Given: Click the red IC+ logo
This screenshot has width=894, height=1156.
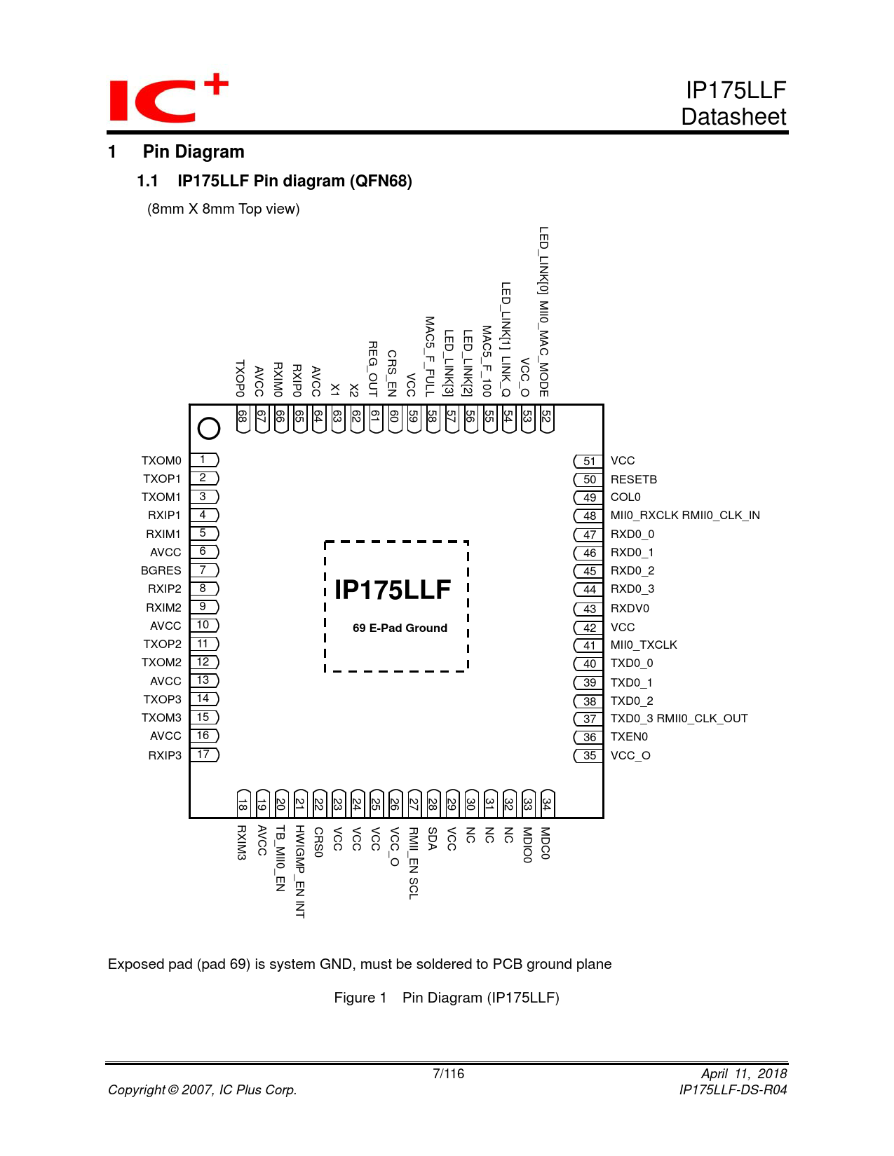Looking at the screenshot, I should click(168, 98).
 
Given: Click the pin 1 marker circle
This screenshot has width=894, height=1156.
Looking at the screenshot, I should click(209, 428).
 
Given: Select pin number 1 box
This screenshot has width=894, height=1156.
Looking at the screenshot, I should click(203, 460).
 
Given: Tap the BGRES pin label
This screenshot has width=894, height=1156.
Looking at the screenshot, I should click(161, 571).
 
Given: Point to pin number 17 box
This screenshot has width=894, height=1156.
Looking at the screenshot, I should click(203, 755).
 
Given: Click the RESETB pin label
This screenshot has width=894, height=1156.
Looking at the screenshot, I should click(634, 480).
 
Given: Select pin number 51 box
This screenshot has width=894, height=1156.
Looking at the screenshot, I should click(589, 461).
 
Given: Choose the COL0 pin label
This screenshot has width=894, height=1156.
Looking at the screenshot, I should click(625, 497).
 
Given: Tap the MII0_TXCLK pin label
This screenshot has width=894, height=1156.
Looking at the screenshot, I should click(644, 645).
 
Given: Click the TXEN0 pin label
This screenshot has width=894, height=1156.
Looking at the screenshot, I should click(629, 737).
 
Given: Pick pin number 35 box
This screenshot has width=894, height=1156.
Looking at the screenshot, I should click(589, 756).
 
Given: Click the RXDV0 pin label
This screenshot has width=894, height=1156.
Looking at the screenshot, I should click(630, 609).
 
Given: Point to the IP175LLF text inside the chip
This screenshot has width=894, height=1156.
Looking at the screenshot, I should click(393, 590).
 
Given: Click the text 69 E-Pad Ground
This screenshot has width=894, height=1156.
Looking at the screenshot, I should click(400, 628).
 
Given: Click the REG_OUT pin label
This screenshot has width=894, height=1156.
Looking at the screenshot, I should click(373, 369).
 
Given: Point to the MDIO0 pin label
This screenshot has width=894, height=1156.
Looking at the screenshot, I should click(527, 845).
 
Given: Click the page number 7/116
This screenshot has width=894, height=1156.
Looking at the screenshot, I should click(448, 1074).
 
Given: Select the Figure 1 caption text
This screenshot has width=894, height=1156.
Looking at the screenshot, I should click(447, 998).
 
